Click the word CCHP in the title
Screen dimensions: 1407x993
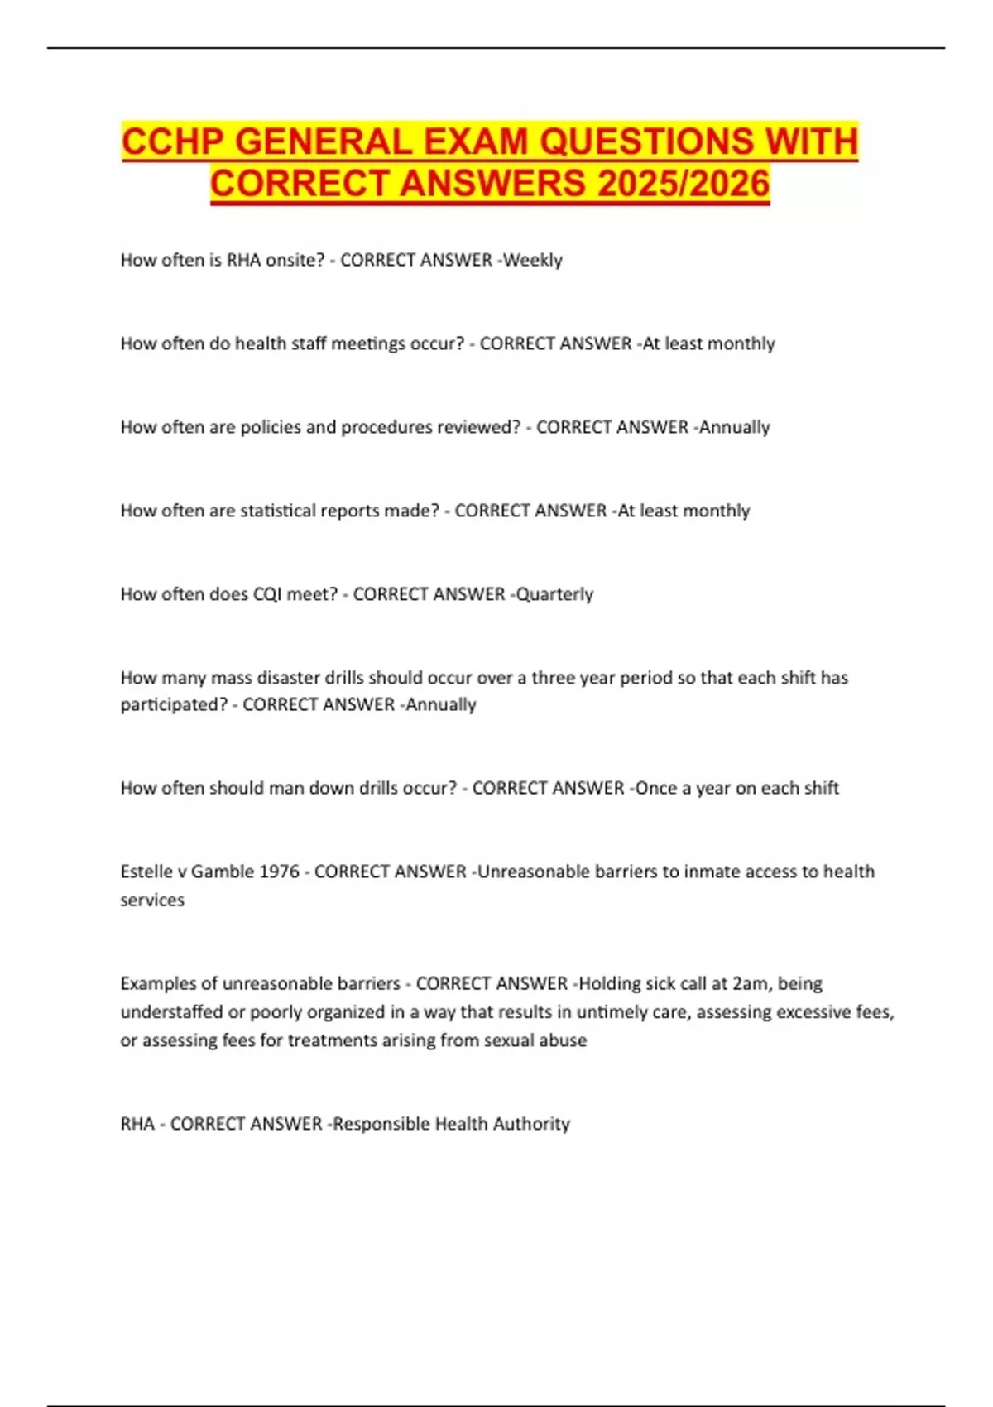coord(173,142)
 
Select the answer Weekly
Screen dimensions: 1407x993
coord(533,260)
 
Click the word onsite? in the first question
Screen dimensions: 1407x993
coord(295,260)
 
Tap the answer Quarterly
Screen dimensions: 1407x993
coord(554,594)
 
